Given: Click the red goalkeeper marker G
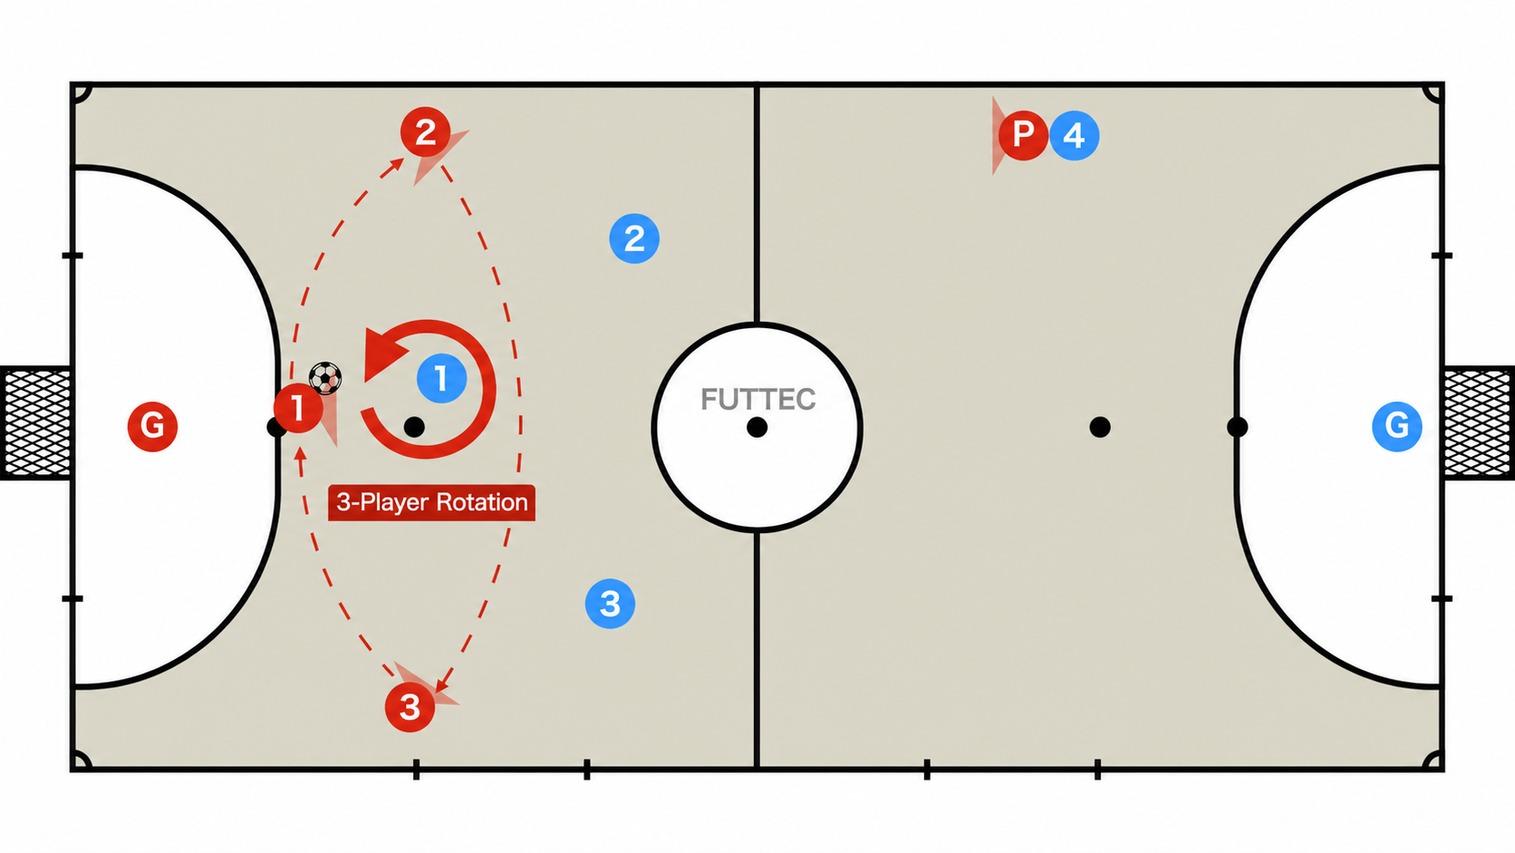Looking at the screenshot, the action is (152, 426).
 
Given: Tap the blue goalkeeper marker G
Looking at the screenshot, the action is (1396, 426).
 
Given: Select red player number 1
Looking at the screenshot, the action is (297, 408).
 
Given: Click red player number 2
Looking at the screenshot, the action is (426, 132).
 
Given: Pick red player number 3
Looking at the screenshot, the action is (410, 707).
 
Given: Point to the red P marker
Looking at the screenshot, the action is (1023, 135).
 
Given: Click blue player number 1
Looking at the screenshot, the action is (441, 378).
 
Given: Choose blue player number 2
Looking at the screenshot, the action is (634, 238).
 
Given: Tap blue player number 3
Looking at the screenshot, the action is (610, 604).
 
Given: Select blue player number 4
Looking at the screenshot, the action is (1074, 135).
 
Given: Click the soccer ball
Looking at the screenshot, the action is (325, 378).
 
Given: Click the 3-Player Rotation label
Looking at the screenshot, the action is (431, 502).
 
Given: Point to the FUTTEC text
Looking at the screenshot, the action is (757, 399).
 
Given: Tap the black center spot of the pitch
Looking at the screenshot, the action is (757, 428).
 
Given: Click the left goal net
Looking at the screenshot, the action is (36, 422).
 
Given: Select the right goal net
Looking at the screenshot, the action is (1479, 422).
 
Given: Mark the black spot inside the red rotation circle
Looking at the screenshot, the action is (414, 427).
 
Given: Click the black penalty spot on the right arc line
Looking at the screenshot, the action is (1237, 428).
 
